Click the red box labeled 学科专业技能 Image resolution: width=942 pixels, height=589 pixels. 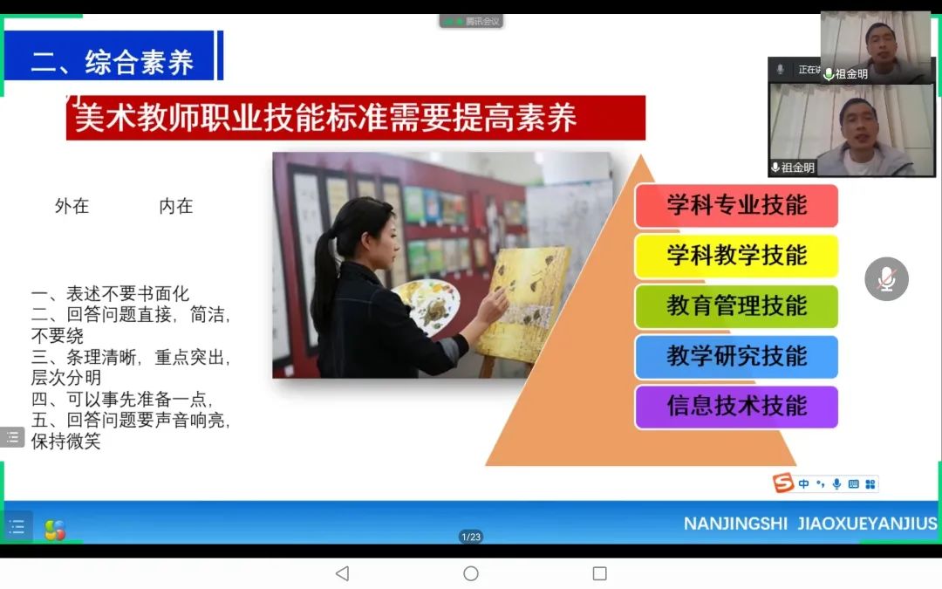pos(736,206)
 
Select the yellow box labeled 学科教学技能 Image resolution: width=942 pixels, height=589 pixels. pos(736,256)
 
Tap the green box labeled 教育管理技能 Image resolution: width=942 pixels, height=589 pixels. pos(736,306)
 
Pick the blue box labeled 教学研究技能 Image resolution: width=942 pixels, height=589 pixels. pos(736,356)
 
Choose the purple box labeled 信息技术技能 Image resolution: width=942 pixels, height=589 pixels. pos(736,407)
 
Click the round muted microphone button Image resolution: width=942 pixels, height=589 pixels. pos(886,279)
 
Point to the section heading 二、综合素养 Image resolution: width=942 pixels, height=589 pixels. pos(113,62)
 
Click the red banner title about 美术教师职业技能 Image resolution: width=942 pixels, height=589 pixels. pos(356,118)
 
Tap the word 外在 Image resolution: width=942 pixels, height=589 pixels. pos(72,206)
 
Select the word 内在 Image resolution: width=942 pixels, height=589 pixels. pos(176,206)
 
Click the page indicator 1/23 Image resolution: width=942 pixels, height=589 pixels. pos(471,537)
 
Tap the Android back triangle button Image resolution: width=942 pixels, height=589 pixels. pos(343,573)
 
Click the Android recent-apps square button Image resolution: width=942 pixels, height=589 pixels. pos(599,573)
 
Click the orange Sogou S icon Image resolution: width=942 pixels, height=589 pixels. pos(783,483)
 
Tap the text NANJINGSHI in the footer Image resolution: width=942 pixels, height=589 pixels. pos(735,524)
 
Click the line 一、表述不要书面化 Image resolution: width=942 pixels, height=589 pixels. pos(111,294)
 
